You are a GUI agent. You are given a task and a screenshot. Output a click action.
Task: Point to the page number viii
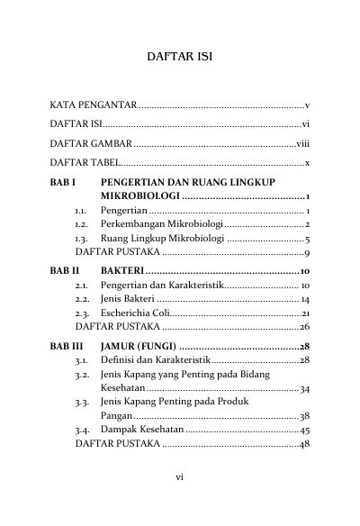(x=303, y=144)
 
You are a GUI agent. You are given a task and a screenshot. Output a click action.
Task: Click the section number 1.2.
(x=81, y=223)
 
